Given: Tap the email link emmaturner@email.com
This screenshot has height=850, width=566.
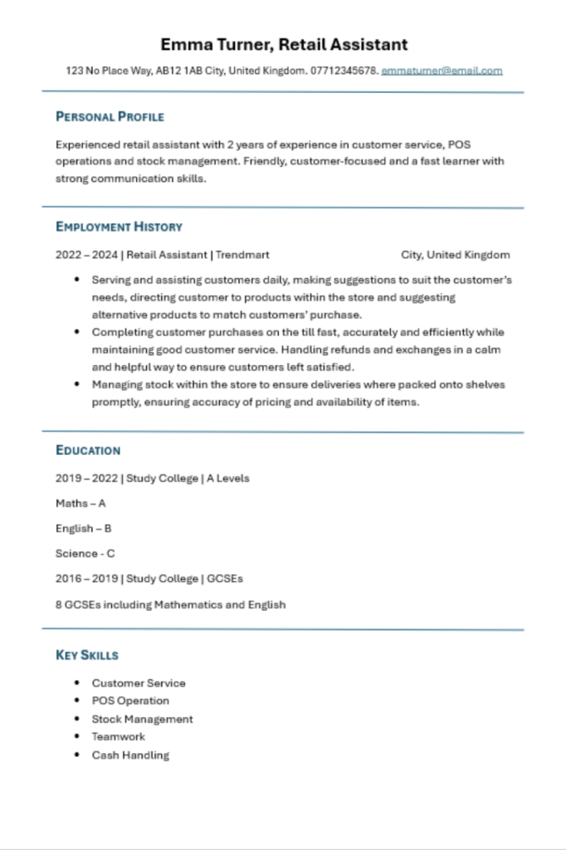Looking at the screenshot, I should click(442, 71).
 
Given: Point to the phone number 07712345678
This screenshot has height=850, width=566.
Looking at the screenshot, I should click(344, 71).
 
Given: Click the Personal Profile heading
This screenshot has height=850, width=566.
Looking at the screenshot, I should click(110, 117).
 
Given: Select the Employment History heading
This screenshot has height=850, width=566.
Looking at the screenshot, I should click(119, 227).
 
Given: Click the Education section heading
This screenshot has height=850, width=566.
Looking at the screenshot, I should click(88, 451).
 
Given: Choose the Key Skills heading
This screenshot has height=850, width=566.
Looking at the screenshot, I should click(87, 655).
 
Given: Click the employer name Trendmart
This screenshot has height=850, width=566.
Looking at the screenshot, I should click(242, 255).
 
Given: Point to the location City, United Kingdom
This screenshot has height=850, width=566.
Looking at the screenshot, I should click(455, 255).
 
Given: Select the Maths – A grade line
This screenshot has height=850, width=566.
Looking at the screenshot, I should click(81, 503).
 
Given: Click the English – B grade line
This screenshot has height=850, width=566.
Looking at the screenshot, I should click(84, 528).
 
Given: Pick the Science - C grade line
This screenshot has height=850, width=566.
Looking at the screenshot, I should click(85, 554).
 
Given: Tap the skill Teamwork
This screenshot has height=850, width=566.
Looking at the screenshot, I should click(118, 736).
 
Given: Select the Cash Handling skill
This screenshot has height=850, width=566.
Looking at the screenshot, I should click(130, 755).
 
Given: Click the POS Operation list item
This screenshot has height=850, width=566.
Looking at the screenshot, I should click(130, 701).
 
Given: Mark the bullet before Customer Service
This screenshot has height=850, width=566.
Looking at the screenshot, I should click(77, 683).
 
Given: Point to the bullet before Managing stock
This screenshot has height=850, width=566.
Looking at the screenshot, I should click(77, 384).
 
